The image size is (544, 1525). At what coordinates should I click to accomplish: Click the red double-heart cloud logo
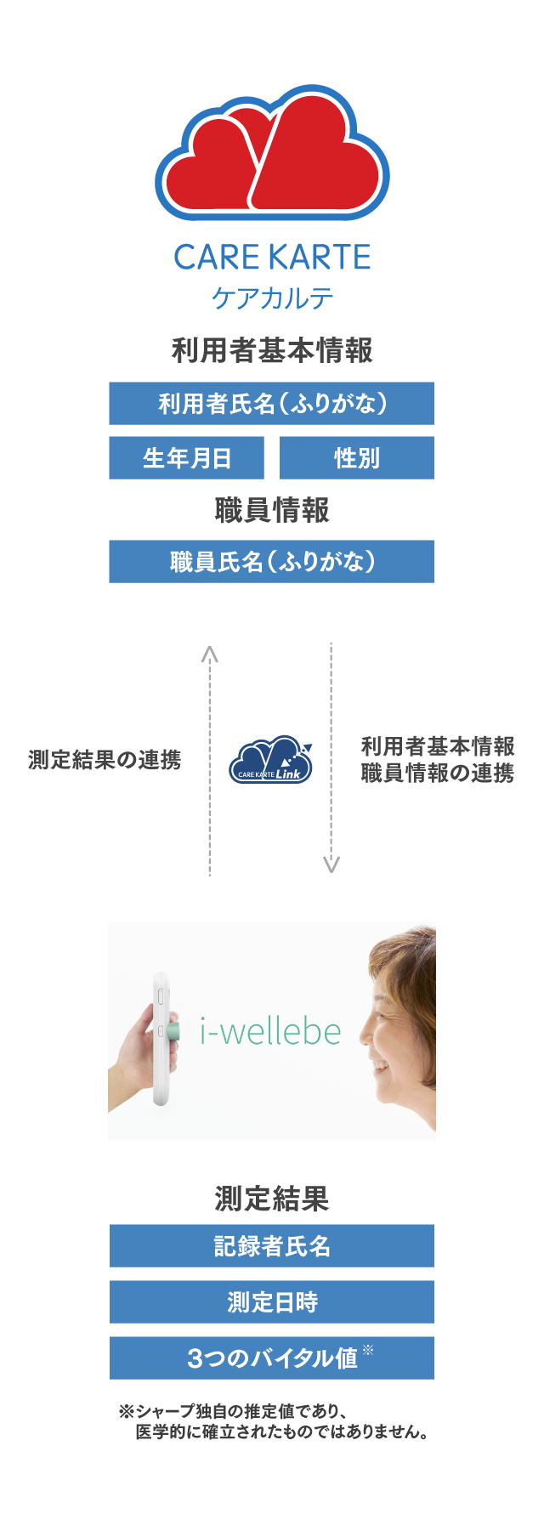272,152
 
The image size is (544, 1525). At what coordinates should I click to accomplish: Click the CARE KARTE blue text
272,258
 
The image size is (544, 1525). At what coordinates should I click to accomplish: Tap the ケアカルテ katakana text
272,298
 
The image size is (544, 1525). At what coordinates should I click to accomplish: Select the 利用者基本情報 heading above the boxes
272,350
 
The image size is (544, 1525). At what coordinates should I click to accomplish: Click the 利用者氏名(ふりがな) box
271,404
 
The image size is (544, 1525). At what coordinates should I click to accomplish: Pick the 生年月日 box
186,458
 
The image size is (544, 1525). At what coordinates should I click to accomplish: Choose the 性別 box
357,458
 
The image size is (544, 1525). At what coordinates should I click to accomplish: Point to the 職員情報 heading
272,510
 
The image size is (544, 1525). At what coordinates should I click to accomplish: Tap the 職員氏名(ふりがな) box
271,562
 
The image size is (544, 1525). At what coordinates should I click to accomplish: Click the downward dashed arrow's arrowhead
331,865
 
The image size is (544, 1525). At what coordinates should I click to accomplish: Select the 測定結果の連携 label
105,760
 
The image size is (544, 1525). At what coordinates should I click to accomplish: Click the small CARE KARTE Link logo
271,759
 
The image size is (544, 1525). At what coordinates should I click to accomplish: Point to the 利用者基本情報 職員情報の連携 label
438,760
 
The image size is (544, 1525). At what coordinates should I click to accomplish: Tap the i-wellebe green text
270,1031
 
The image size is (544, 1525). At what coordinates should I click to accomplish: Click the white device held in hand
162,1039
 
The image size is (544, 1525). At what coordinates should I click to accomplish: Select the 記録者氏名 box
272,1246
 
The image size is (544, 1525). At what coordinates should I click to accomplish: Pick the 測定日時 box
272,1302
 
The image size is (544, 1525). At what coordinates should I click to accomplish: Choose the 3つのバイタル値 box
272,1358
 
